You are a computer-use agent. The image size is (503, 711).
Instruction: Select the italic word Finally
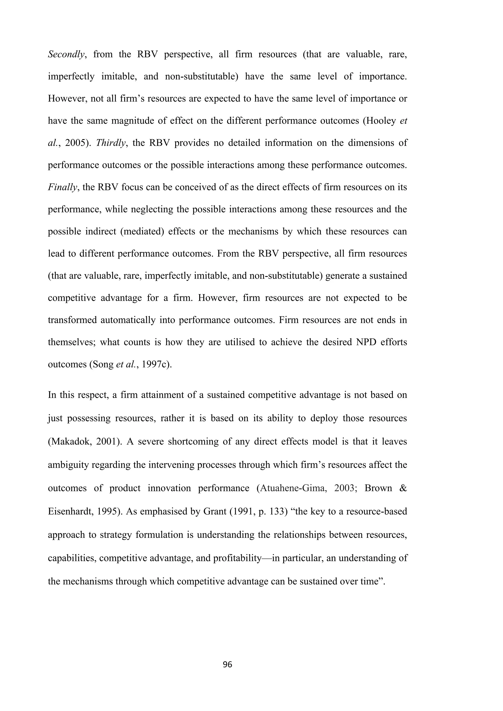coord(62,187)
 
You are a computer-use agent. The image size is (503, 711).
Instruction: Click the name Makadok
coord(68,441)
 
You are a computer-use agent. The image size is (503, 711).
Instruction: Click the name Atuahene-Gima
coord(294,488)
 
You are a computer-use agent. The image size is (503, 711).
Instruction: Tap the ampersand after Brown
coord(403,488)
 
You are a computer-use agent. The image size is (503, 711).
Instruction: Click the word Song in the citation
coord(104,364)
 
